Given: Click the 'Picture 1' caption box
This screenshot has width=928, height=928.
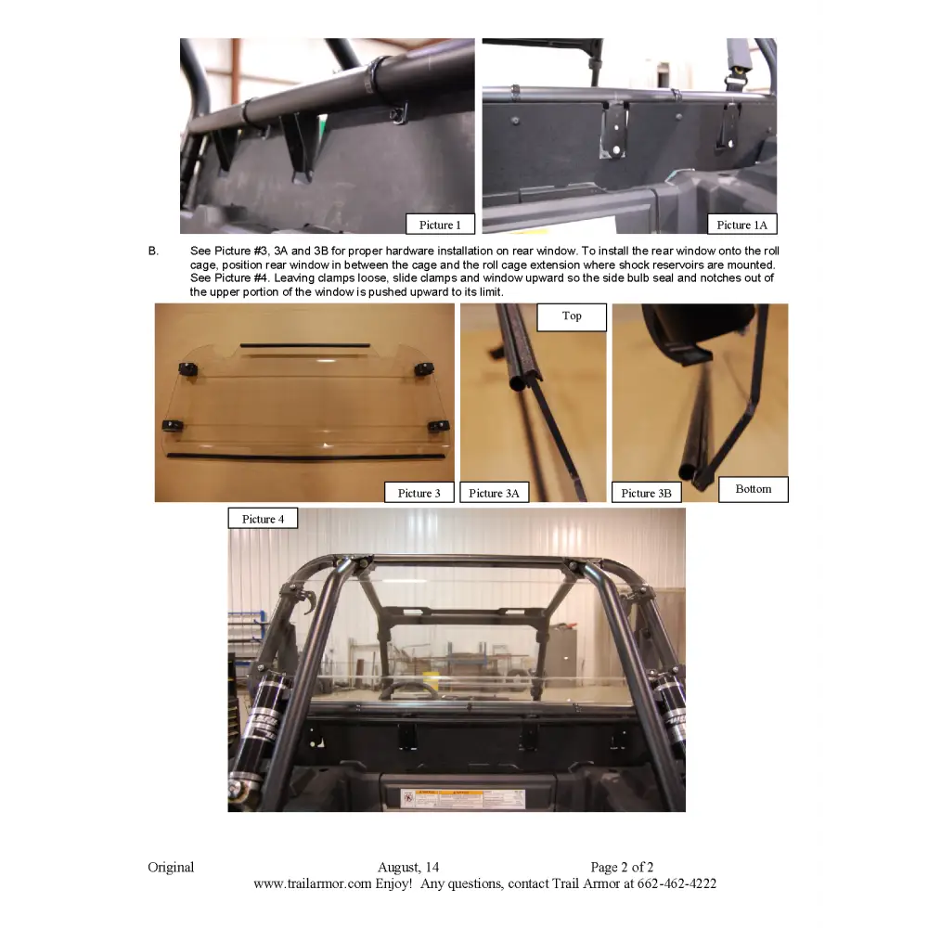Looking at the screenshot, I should [x=440, y=225].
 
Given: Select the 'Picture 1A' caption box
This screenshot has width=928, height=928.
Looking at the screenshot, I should [x=741, y=225].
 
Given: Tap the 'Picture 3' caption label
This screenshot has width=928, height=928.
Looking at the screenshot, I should [x=419, y=493].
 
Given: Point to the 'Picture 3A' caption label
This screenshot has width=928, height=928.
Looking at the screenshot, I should [x=495, y=493].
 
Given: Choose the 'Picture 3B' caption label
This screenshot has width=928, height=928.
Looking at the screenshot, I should [x=646, y=493].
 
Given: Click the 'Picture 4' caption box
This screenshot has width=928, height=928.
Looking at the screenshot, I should [x=263, y=519].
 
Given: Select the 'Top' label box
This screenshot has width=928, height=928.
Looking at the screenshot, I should [x=572, y=316].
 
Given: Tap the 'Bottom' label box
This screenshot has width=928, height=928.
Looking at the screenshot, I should [x=753, y=489].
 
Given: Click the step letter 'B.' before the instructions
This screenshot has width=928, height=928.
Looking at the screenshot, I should [x=154, y=251].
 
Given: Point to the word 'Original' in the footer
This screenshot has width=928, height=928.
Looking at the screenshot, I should [x=171, y=868].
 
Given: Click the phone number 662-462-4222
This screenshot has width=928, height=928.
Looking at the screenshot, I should [x=677, y=884].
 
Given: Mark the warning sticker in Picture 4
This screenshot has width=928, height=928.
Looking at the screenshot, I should [x=462, y=799].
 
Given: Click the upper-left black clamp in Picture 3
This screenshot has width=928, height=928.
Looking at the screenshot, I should [x=189, y=370].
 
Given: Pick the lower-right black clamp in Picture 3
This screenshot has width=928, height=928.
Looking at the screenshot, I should [x=438, y=426].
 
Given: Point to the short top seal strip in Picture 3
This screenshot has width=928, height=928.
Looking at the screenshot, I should [x=304, y=345].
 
